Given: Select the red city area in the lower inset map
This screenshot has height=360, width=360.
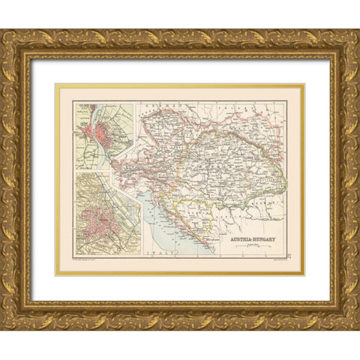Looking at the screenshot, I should [x=102, y=224].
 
